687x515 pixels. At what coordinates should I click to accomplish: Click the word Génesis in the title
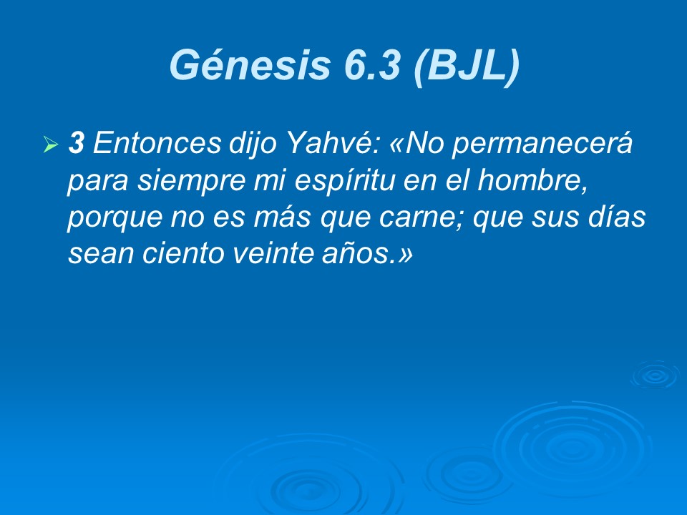click(x=244, y=65)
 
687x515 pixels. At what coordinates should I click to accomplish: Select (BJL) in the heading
click(x=465, y=65)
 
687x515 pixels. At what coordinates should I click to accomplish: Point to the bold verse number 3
click(x=76, y=144)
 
